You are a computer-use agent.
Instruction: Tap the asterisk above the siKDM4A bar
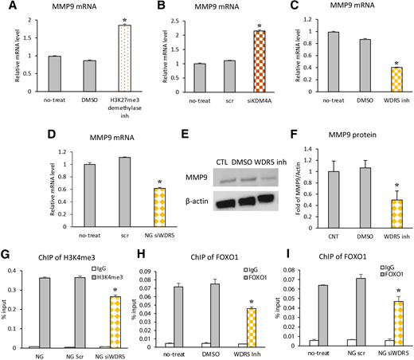coord(241,24)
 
